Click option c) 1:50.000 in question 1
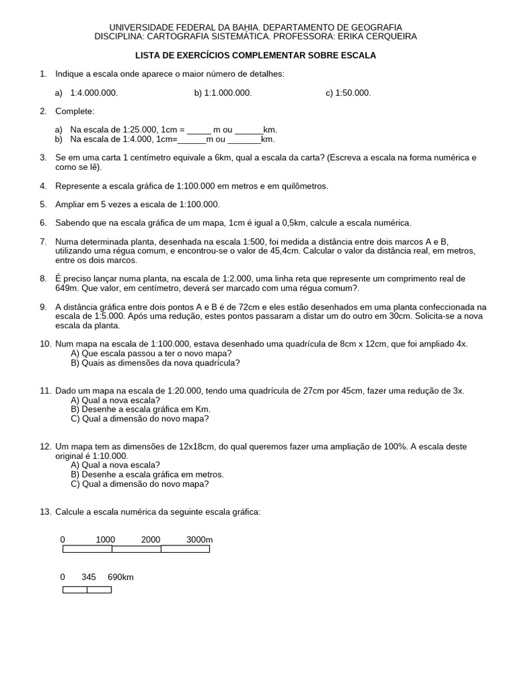coord(348,93)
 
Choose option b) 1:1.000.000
coord(223,93)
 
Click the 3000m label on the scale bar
coord(199,539)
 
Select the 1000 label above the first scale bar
coord(105,539)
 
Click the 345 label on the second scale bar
coord(89,577)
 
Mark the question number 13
coord(45,511)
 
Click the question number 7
coord(43,241)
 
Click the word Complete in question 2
coord(75,111)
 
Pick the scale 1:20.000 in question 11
coord(182,391)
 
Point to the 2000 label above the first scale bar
coord(151,539)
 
